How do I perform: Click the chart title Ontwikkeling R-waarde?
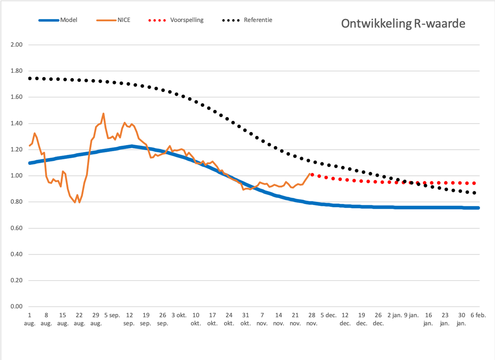coord(403,24)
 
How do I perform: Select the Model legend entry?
coord(58,20)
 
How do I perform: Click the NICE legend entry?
coord(113,20)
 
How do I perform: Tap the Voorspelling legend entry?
coord(176,20)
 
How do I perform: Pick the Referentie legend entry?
coord(247,20)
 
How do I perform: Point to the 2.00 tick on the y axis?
coord(17,45)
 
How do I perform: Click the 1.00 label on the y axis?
coord(17,176)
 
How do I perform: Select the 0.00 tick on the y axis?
coord(17,306)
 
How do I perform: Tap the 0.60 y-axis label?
coord(17,228)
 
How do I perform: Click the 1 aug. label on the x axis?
coord(30,319)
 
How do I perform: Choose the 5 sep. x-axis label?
coord(112,315)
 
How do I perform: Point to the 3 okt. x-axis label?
coord(179,315)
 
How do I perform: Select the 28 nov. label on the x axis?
coord(312,319)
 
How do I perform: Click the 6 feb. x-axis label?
coord(478,315)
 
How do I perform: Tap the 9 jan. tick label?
coord(411,315)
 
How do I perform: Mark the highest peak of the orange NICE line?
coord(103,114)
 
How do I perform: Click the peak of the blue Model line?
coord(132,146)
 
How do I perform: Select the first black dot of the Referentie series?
coord(30,78)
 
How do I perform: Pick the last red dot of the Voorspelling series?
coord(474,183)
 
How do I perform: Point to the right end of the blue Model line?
coord(478,208)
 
